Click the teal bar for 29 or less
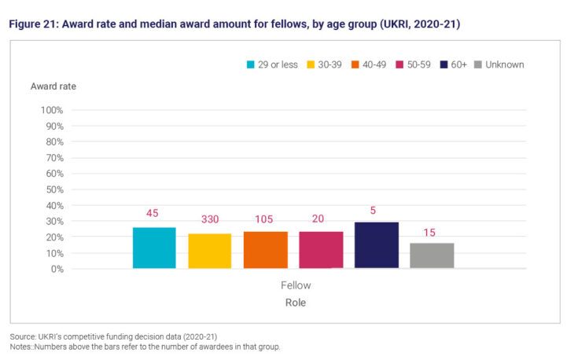pos(154,248)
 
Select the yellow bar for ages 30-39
pos(209,251)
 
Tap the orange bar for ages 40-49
pos(265,250)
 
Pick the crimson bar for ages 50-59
pos(321,250)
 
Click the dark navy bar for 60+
pos(376,245)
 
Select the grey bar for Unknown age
pos(432,255)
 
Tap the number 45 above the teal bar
pos(154,214)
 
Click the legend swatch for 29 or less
pos(251,64)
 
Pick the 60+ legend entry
pos(453,64)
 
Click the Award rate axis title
pos(53,86)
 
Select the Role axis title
pos(296,303)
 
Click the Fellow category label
pos(296,286)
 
